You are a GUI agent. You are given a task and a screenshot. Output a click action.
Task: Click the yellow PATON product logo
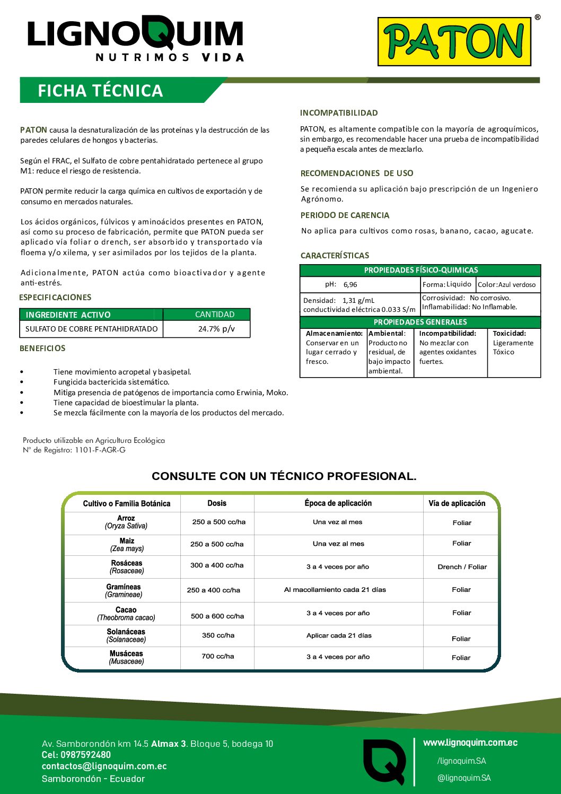[x=454, y=41]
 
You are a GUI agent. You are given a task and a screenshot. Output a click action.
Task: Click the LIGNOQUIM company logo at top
[x=135, y=39]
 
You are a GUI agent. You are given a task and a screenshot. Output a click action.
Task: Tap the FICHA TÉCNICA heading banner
[x=100, y=91]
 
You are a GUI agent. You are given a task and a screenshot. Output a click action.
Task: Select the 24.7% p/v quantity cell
[x=216, y=329]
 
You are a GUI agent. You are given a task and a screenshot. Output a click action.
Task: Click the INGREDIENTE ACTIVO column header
[x=68, y=315]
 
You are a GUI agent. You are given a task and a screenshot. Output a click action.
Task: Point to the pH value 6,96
[x=350, y=285]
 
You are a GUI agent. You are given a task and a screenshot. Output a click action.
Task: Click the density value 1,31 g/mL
[x=358, y=300]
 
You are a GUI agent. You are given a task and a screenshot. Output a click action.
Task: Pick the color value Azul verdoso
[x=516, y=285]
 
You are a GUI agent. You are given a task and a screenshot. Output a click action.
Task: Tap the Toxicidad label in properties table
[x=509, y=334]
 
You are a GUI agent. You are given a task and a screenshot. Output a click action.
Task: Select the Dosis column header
[x=217, y=503]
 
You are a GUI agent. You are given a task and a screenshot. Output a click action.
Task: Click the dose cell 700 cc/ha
[x=217, y=656]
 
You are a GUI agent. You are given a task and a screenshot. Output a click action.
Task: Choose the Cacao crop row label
[x=126, y=610]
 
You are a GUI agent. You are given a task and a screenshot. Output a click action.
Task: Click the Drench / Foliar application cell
[x=462, y=567]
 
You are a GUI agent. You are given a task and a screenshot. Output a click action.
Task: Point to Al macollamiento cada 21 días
[x=335, y=590]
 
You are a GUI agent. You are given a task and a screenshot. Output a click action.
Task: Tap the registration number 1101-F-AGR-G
[x=100, y=450]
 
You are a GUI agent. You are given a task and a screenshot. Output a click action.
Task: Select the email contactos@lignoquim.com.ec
[x=104, y=766]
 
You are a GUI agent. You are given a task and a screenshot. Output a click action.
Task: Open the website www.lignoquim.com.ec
[x=470, y=743]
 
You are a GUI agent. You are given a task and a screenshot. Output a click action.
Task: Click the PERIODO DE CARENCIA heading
[x=345, y=215]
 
